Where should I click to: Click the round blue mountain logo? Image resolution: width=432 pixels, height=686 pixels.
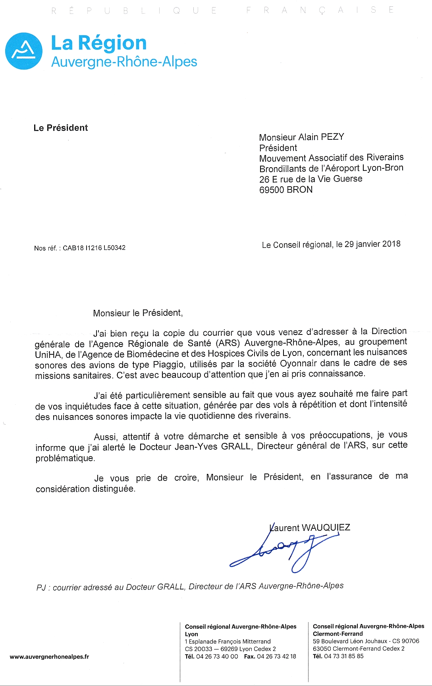[24, 51]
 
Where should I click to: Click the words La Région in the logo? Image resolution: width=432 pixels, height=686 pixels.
[99, 43]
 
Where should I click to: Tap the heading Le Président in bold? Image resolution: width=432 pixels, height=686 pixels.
[61, 128]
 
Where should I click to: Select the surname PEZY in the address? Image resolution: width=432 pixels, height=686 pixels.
[332, 137]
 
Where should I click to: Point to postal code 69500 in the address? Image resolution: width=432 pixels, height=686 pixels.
[272, 190]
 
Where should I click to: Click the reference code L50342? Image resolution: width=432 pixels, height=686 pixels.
[114, 248]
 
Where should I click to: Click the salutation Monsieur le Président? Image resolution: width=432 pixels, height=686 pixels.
[138, 313]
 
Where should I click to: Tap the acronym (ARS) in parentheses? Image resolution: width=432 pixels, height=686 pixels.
[228, 343]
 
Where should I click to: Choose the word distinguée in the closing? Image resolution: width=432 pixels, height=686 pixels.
[114, 489]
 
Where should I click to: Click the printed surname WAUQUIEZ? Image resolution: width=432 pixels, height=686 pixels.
[326, 528]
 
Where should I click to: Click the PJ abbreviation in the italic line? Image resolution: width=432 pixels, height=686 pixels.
[41, 588]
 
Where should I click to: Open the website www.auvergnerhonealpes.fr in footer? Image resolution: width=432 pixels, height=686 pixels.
[49, 657]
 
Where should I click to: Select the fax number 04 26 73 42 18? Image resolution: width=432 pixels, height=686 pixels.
[276, 656]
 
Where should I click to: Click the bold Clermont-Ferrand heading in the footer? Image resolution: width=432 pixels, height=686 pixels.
[337, 634]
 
